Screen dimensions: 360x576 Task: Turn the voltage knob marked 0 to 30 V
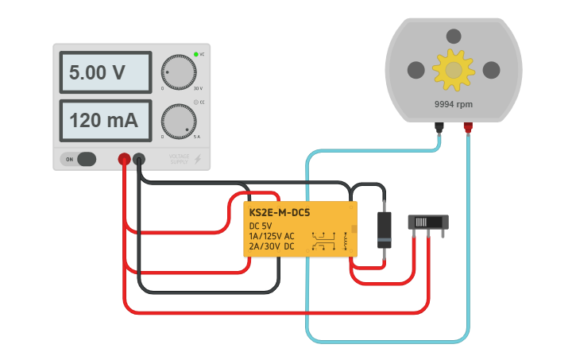178,72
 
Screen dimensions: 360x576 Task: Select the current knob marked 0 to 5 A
178,121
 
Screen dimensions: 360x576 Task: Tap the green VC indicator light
196,55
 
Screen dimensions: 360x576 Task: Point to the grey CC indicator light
196,103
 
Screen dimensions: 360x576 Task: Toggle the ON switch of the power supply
79,159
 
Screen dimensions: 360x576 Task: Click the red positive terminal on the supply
125,160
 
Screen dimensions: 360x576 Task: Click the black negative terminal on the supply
139,160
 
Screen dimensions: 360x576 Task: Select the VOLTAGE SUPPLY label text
180,159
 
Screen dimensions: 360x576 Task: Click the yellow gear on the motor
454,70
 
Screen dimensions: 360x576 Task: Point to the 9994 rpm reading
454,104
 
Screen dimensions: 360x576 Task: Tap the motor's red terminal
469,127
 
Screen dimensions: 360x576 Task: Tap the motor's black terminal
439,127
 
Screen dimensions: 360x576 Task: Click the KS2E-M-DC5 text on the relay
280,213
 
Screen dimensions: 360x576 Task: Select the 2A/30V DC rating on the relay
272,246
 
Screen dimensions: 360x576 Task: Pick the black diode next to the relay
385,229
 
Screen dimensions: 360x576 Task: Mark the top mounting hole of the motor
454,36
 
